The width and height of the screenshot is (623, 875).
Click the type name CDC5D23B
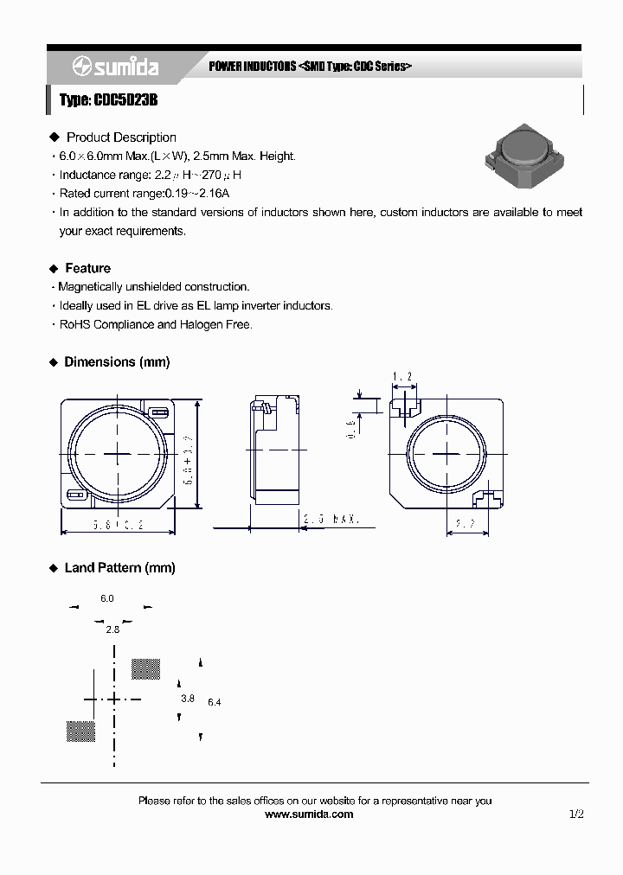pos(108,101)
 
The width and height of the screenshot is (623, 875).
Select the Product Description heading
pos(121,137)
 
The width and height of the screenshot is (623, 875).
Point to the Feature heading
pos(87,268)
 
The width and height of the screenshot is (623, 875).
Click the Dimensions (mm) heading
pos(117,362)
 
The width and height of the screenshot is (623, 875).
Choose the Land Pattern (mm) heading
pos(119,568)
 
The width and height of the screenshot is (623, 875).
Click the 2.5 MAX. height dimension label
pos(331,520)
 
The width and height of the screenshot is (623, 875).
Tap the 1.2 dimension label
pos(401,376)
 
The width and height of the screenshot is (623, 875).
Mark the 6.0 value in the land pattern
pos(107,598)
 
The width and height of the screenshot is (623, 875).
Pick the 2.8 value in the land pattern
pos(112,629)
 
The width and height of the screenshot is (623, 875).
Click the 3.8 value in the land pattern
pos(188,698)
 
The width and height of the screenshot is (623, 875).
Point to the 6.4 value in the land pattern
pos(215,702)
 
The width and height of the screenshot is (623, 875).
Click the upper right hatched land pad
pos(145,668)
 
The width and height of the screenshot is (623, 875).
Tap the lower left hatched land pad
pos(80,731)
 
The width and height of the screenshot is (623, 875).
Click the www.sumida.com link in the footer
pos(309,814)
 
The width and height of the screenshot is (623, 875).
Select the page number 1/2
pos(577,814)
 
